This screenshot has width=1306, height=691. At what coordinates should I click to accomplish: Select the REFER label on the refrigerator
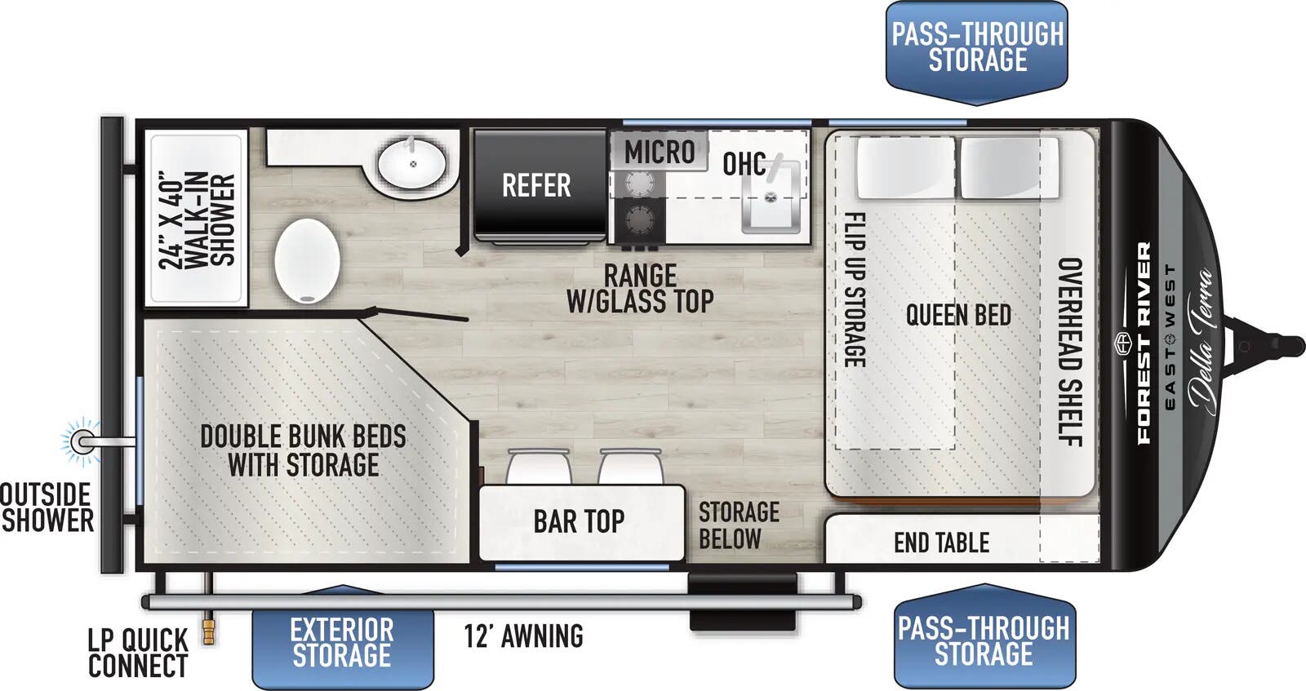click(x=536, y=185)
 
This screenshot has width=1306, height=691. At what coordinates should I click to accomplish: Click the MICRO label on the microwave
click(x=660, y=152)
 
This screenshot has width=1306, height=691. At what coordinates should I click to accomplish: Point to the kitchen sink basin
click(x=770, y=196)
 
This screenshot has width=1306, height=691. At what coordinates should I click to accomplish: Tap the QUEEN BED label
click(x=958, y=315)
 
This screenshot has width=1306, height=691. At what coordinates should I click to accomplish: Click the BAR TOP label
click(x=579, y=521)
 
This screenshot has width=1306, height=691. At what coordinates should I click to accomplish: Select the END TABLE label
click(x=941, y=543)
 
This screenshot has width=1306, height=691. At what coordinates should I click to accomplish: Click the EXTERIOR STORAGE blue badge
click(x=342, y=642)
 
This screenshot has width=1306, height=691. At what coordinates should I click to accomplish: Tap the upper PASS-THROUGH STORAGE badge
click(x=977, y=48)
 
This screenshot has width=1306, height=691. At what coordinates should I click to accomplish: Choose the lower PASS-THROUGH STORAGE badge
click(x=984, y=641)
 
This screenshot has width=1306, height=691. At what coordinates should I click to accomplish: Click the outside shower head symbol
click(x=81, y=441)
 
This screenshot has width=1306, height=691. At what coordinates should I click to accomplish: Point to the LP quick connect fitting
click(x=209, y=631)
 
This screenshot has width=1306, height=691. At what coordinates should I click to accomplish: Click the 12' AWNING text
click(x=523, y=636)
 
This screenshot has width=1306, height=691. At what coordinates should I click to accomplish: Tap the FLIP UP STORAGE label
click(x=854, y=290)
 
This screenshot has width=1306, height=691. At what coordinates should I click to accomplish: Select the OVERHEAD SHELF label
click(x=1069, y=352)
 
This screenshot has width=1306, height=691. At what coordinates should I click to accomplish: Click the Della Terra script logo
click(x=1201, y=340)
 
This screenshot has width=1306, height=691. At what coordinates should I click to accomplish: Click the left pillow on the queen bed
click(x=904, y=168)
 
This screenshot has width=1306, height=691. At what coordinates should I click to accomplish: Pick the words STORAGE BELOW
click(x=738, y=525)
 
